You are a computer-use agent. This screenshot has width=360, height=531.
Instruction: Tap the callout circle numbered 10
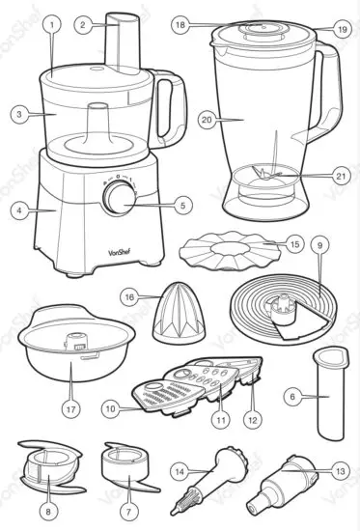pyautogui.click(x=110, y=409)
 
